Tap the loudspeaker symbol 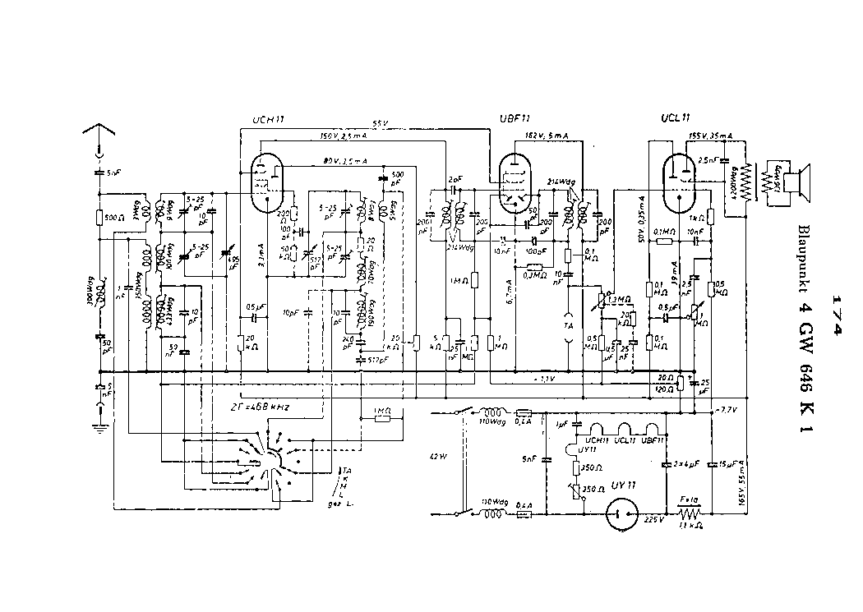tap(793, 182)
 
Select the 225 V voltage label tap(653, 520)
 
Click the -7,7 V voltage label tap(726, 409)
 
